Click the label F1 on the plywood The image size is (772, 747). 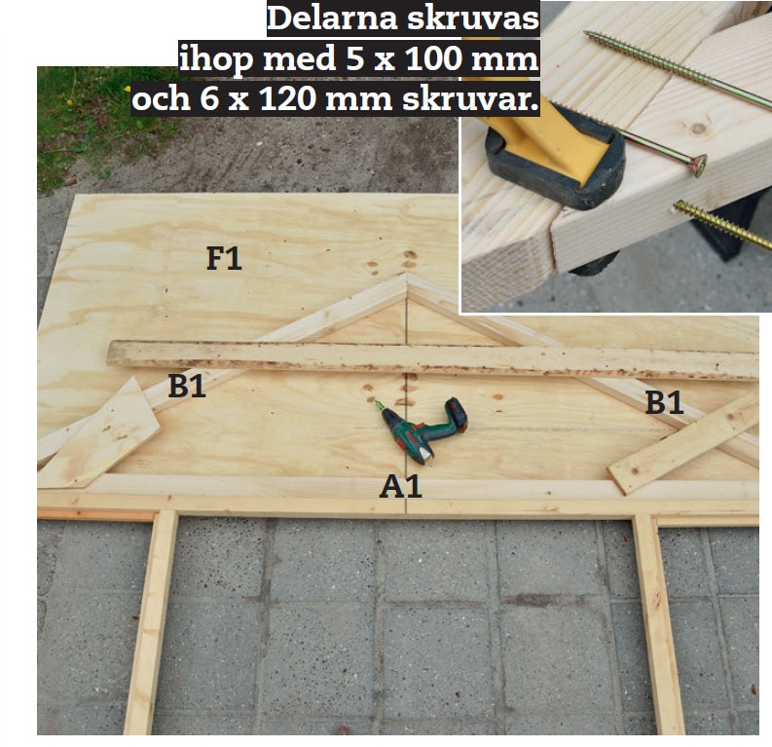tap(224, 258)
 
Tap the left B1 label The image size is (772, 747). tap(187, 386)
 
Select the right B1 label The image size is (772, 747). tap(664, 402)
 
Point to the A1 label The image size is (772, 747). tap(401, 487)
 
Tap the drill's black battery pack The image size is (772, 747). tap(457, 413)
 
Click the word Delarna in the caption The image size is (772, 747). tap(332, 19)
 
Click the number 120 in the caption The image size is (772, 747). tap(288, 98)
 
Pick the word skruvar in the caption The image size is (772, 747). tap(470, 98)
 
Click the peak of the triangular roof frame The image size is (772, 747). tap(407, 275)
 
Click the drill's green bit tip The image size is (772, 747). tap(378, 405)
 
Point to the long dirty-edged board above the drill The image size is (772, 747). tap(432, 358)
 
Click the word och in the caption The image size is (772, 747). tap(161, 98)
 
